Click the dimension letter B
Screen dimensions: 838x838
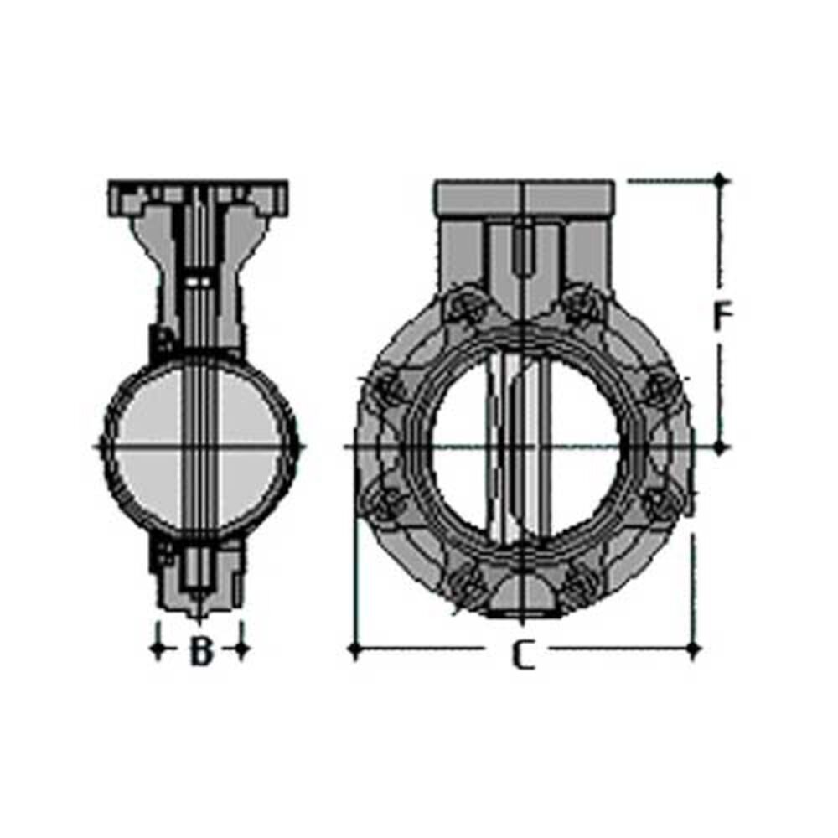199,651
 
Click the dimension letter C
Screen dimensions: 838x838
523,654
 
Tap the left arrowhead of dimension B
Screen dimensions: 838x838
158,649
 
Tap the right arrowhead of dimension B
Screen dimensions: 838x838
241,649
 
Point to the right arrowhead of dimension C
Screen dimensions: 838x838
693,648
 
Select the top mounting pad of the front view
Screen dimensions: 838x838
525,197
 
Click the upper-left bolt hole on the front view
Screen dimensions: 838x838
466,308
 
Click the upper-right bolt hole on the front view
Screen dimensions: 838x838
582,307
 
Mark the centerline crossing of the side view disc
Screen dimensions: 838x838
199,447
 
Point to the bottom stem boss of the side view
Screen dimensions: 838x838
199,578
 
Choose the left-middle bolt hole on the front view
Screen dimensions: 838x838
387,388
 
